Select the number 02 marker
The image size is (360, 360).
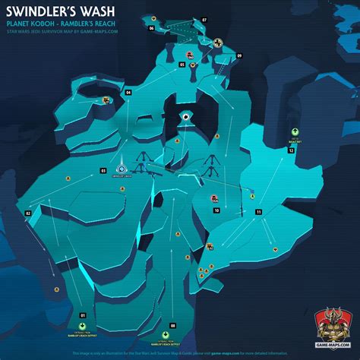28,213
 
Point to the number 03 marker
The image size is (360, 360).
103,171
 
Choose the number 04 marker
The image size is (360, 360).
128,92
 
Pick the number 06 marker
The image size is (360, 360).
152,28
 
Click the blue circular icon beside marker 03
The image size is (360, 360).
120,169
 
